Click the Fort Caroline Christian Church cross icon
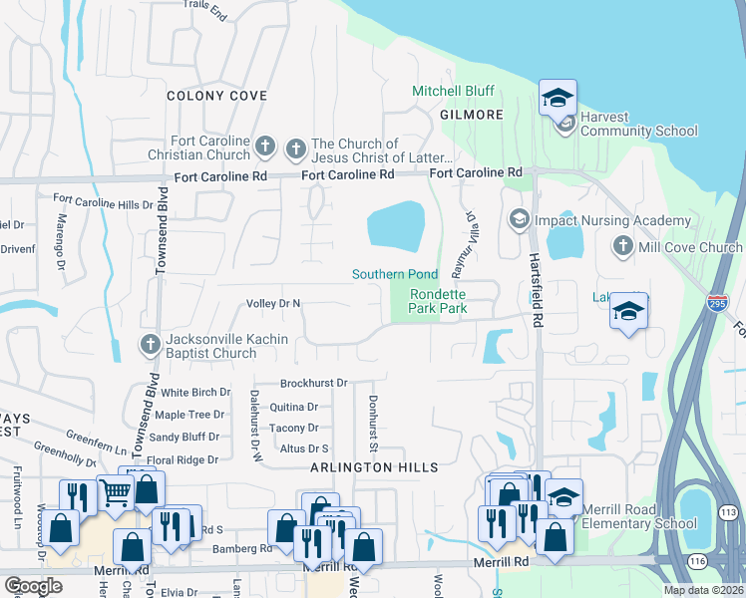[x=264, y=148]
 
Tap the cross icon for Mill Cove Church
[x=623, y=246]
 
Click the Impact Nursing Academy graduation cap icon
[x=519, y=219]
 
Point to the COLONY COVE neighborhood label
[x=216, y=96]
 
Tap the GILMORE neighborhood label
[x=472, y=115]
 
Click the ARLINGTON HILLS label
[x=374, y=467]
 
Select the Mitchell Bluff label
[x=454, y=91]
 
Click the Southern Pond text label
[x=394, y=274]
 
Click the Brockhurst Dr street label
[x=313, y=383]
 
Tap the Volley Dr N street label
[x=273, y=303]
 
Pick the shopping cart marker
[x=116, y=491]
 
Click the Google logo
[x=33, y=586]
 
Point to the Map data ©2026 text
[x=703, y=590]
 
